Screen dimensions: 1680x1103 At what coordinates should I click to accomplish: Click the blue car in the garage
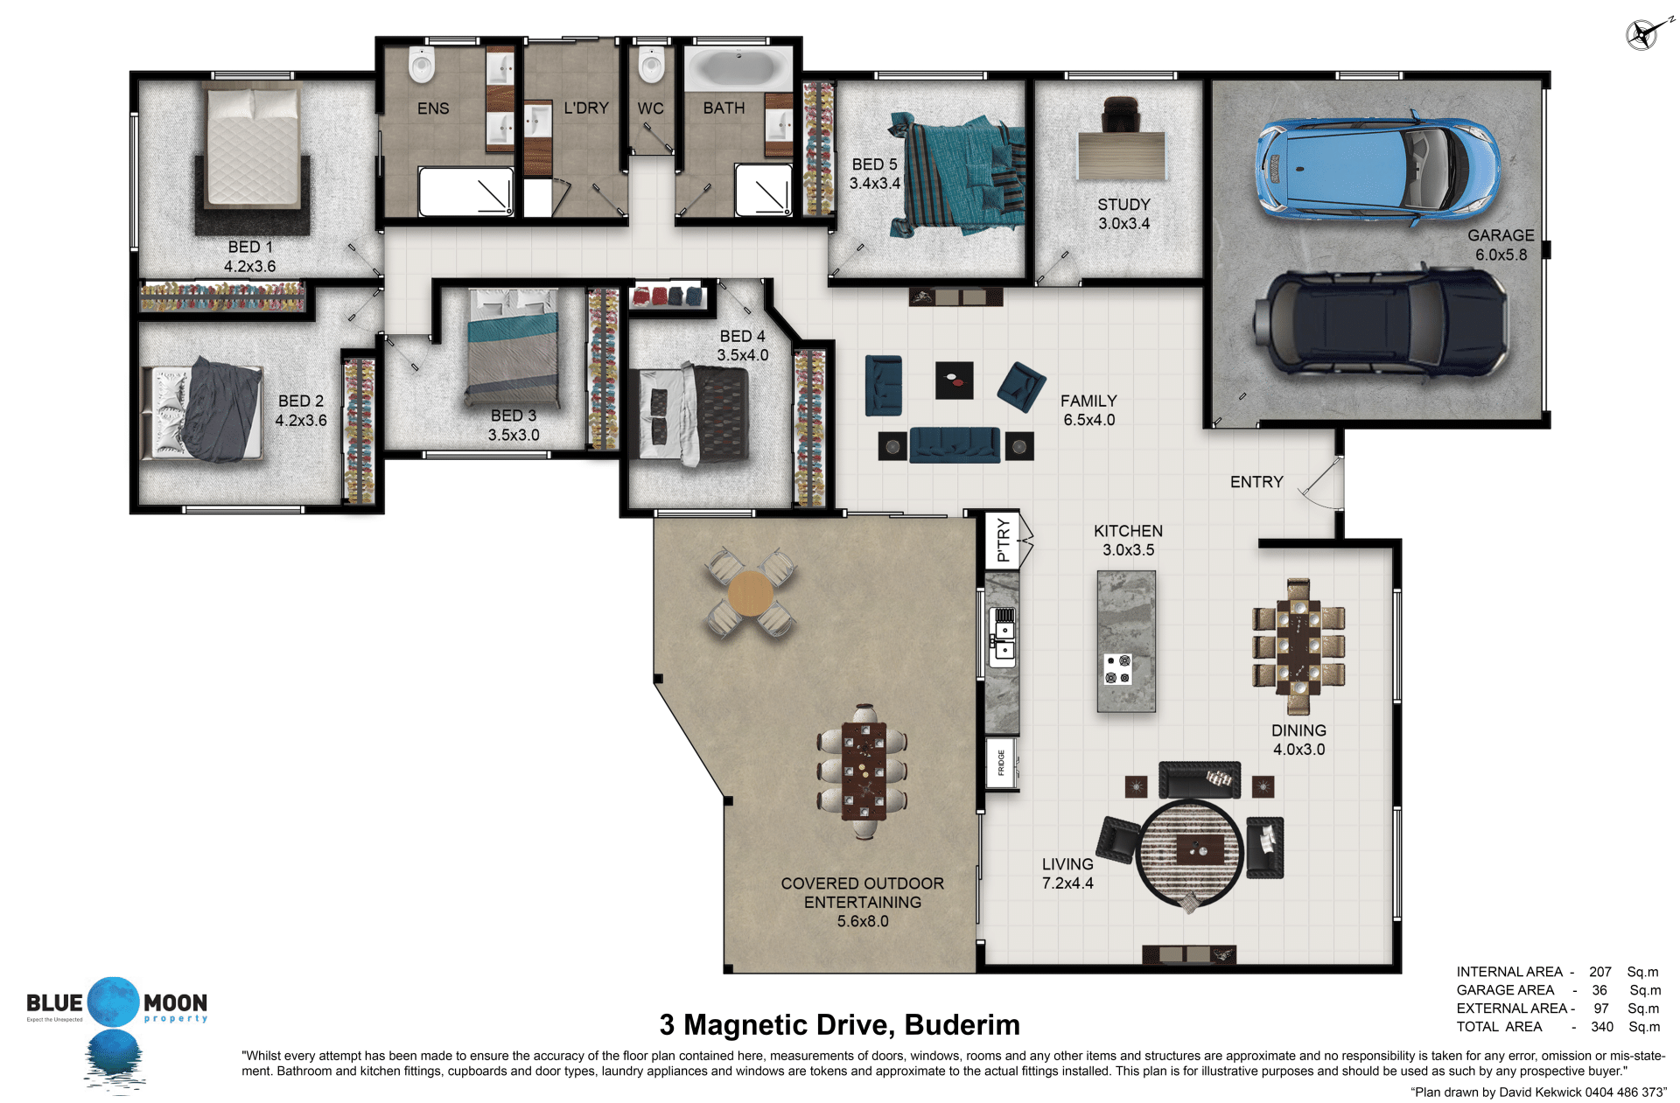[1377, 168]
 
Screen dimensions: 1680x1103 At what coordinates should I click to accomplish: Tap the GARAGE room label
[1501, 235]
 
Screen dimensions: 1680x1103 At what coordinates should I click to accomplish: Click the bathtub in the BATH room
[738, 68]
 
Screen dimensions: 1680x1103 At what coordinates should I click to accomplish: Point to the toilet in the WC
[651, 64]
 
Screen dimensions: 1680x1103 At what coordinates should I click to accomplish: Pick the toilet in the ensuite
[422, 64]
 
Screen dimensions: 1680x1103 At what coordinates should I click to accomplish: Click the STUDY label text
[1123, 205]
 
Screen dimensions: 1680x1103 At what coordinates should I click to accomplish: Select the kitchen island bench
[1126, 641]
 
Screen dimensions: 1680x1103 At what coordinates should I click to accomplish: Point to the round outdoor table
[750, 594]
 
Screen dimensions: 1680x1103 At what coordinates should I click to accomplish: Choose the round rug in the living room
[1189, 854]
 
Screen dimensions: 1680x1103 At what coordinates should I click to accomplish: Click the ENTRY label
[1256, 482]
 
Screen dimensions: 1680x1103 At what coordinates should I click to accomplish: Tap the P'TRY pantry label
[1004, 540]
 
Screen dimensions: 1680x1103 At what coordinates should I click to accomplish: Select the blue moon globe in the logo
[114, 1002]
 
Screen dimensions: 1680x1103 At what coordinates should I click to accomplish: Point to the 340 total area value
[1601, 1027]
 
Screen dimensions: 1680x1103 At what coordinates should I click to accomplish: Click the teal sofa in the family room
[955, 445]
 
